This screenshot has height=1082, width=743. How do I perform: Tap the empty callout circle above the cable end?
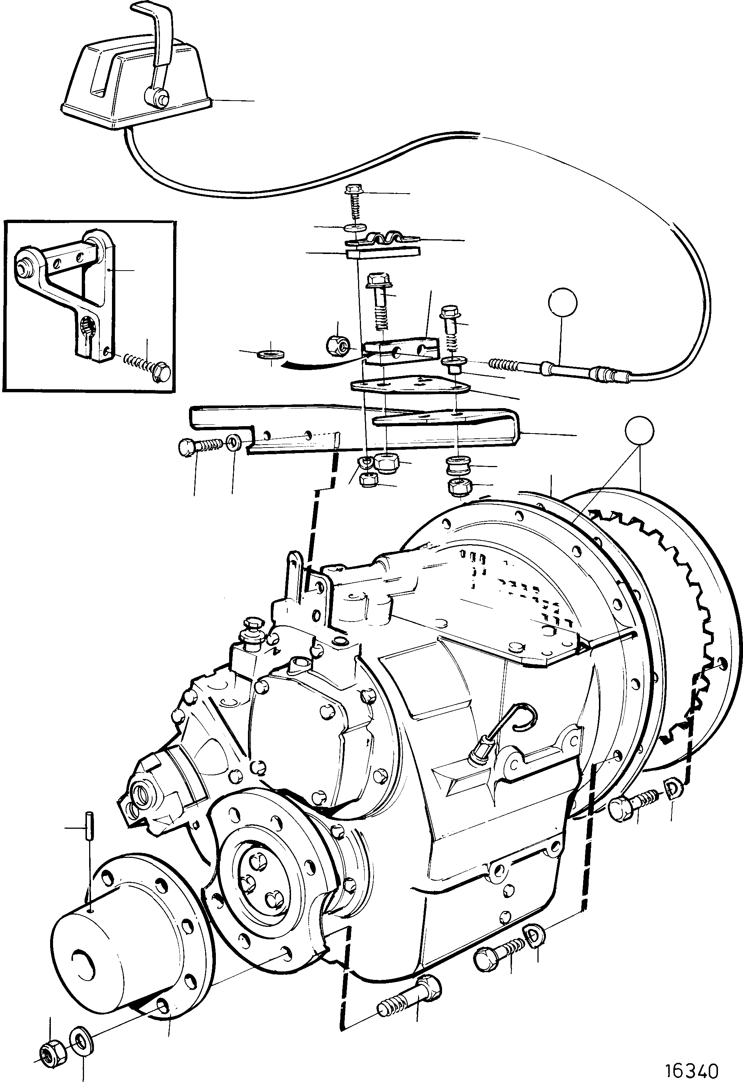[x=562, y=303]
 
